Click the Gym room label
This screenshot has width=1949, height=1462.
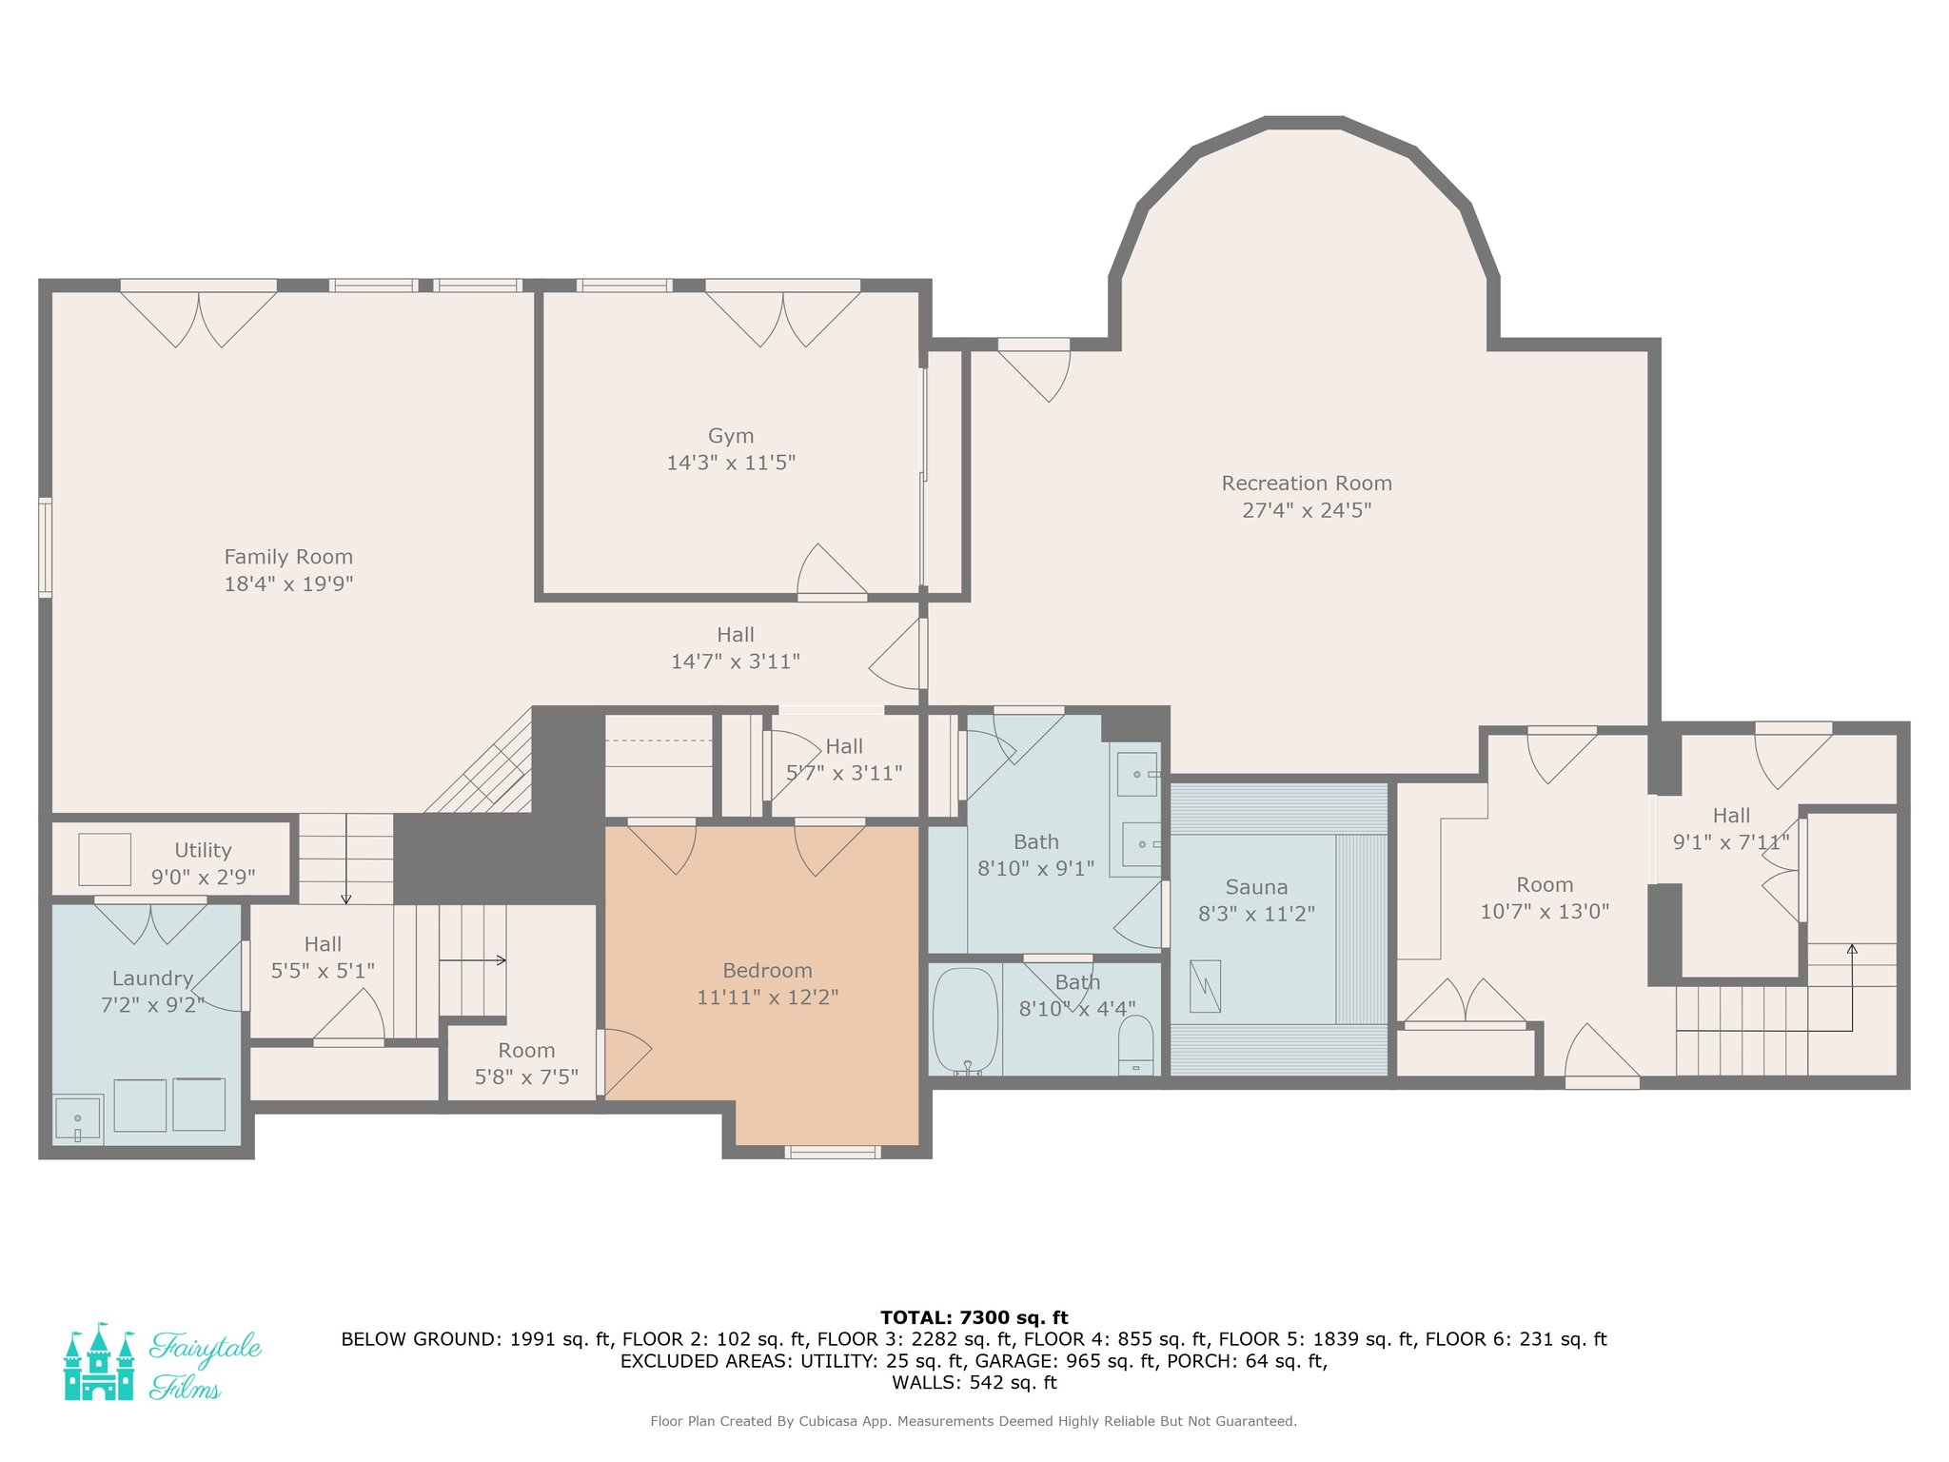click(x=731, y=436)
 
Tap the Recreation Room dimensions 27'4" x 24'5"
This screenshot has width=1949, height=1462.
click(x=1307, y=510)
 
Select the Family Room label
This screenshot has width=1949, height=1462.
click(x=288, y=557)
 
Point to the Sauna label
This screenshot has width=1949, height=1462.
click(x=1256, y=887)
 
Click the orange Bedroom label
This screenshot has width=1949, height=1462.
click(x=767, y=971)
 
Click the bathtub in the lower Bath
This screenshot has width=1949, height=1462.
click(x=965, y=1021)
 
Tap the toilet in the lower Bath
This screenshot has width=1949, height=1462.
click(x=1135, y=1045)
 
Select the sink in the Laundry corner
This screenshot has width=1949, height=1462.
click(x=77, y=1118)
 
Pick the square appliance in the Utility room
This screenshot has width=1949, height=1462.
click(x=105, y=859)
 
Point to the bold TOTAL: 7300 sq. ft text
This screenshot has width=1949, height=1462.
click(x=974, y=1317)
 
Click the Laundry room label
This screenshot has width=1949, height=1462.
click(x=152, y=978)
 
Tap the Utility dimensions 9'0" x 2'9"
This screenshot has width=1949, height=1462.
click(x=203, y=877)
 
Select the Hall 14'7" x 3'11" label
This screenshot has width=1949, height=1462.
click(x=736, y=648)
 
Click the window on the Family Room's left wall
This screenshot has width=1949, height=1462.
click(x=45, y=547)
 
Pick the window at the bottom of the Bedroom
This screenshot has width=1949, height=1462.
click(x=833, y=1152)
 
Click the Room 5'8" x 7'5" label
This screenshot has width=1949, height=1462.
click(x=526, y=1064)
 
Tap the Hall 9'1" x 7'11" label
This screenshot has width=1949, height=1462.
click(x=1731, y=829)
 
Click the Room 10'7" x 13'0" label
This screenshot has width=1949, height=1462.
click(x=1545, y=898)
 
